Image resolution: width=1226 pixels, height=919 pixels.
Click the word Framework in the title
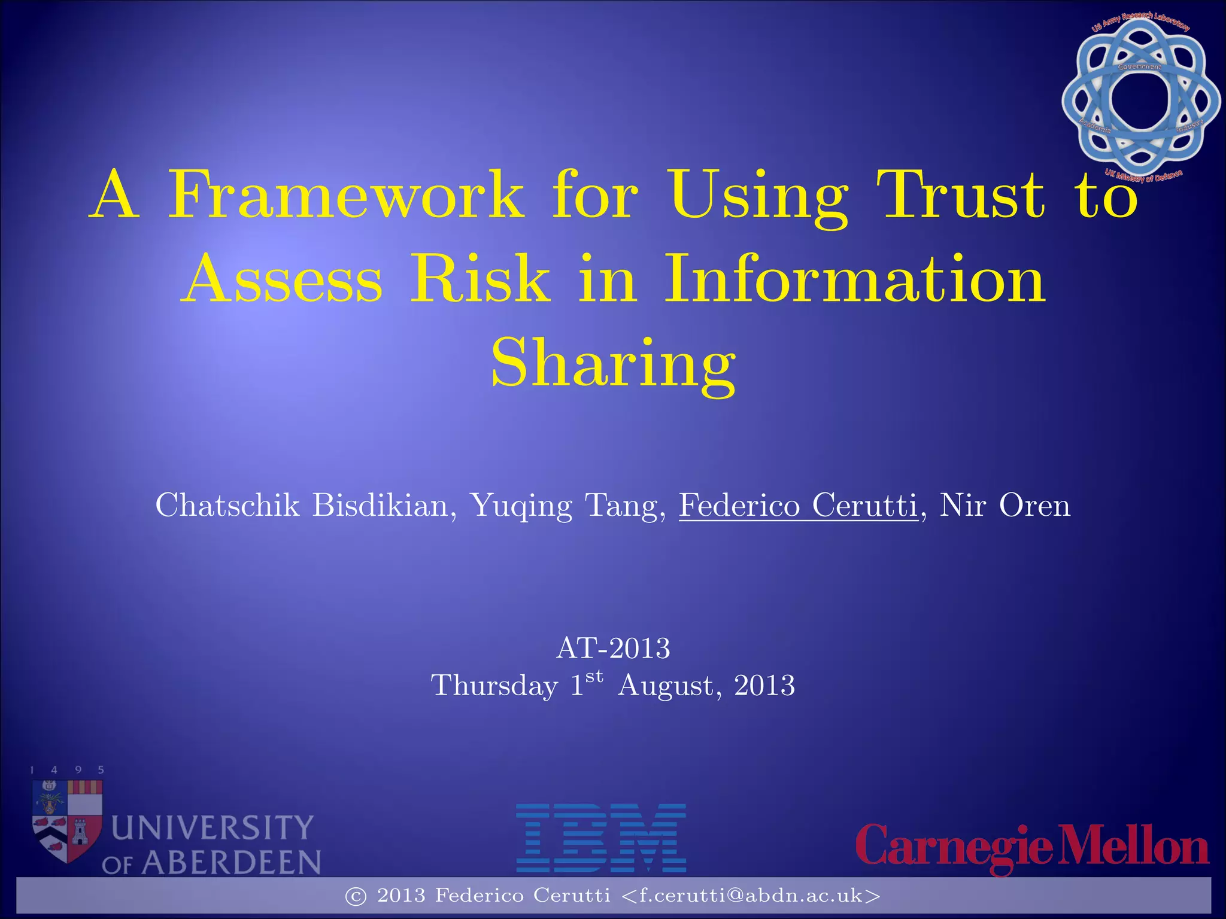pyautogui.click(x=346, y=195)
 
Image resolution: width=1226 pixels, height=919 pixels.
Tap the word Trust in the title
pyautogui.click(x=961, y=195)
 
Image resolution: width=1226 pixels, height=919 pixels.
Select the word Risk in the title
pyautogui.click(x=480, y=279)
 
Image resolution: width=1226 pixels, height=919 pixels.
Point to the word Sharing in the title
pyautogui.click(x=613, y=363)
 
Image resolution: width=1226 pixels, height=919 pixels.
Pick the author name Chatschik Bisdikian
pyautogui.click(x=302, y=506)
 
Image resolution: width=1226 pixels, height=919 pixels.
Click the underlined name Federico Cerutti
pyautogui.click(x=798, y=506)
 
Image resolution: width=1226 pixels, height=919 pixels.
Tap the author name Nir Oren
pyautogui.click(x=1005, y=506)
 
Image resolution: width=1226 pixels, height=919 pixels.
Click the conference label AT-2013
pyautogui.click(x=613, y=649)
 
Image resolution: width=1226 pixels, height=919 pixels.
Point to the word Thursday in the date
pyautogui.click(x=494, y=686)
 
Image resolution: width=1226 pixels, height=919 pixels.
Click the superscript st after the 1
pyautogui.click(x=594, y=677)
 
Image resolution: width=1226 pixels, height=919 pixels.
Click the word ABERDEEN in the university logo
pyautogui.click(x=231, y=863)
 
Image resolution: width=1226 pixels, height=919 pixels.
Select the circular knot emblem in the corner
pyautogui.click(x=1140, y=99)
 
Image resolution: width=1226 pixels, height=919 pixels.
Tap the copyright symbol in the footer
pyautogui.click(x=356, y=896)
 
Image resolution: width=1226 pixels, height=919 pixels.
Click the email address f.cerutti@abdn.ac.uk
pyautogui.click(x=751, y=896)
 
